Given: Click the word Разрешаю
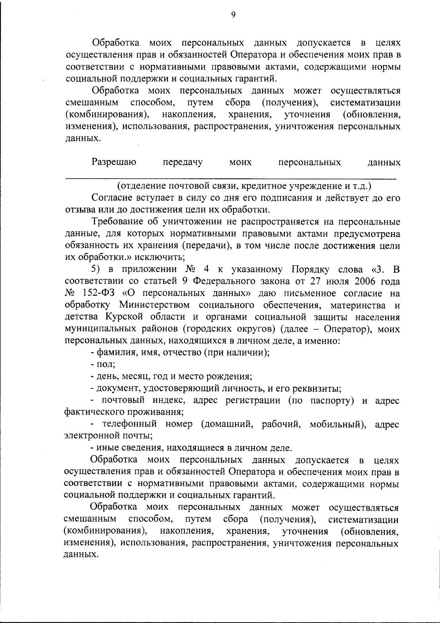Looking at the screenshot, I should (114, 162).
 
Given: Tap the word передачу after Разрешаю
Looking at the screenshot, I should (183, 162).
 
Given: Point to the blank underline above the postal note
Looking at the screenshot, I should (231, 178).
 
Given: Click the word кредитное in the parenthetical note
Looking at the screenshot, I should (263, 186).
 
